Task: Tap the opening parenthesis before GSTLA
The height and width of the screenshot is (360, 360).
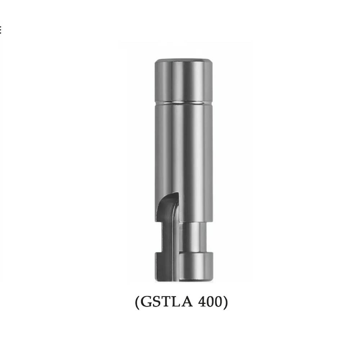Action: (x=137, y=302)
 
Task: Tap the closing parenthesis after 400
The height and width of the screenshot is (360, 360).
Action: (x=225, y=302)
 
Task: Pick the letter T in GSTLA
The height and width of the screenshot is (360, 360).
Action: (x=166, y=302)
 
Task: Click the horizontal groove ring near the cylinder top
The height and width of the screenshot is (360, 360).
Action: (x=184, y=102)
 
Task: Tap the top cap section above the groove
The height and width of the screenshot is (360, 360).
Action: (x=184, y=81)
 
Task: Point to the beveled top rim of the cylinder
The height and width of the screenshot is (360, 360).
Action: (x=184, y=59)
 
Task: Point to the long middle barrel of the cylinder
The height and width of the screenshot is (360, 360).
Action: (x=184, y=151)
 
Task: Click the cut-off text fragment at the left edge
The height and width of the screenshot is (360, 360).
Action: (x=1, y=30)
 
